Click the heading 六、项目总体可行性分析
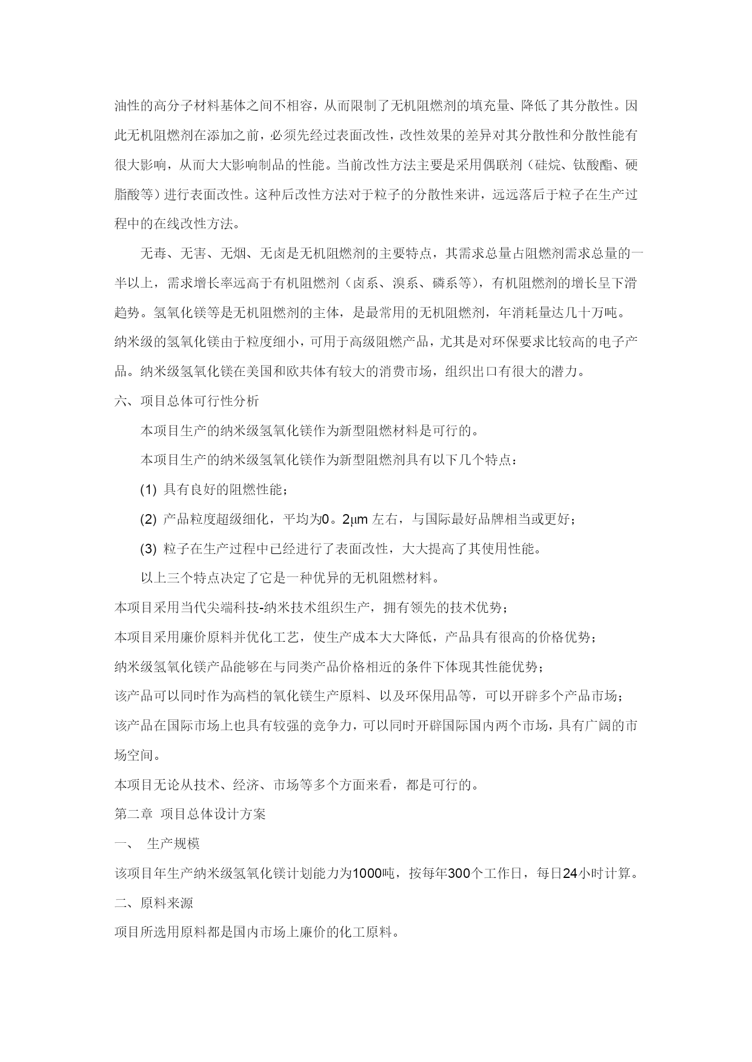click(x=187, y=401)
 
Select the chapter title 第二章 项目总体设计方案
click(x=190, y=814)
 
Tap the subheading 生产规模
click(x=173, y=843)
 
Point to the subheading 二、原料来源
click(x=154, y=903)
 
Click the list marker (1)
click(x=148, y=490)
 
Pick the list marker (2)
click(x=148, y=519)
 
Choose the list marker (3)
click(x=148, y=549)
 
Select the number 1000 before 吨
click(x=367, y=873)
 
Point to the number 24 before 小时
click(x=570, y=873)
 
